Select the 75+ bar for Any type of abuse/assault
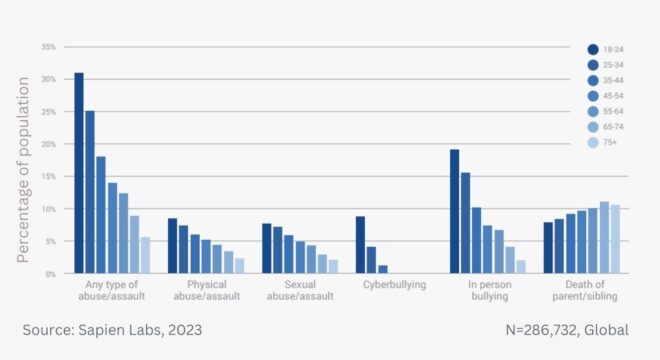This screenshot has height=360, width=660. click(145, 255)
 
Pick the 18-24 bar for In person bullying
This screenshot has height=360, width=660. click(454, 211)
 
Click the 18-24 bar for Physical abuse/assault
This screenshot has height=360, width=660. click(172, 246)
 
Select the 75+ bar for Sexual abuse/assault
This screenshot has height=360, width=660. click(333, 266)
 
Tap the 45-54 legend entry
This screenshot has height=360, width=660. click(608, 96)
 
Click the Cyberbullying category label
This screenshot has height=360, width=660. click(393, 285)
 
